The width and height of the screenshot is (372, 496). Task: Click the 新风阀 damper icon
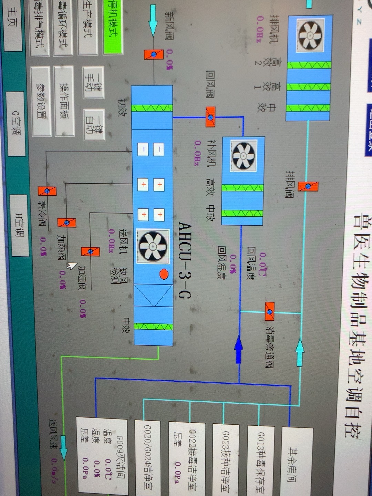click(x=154, y=54)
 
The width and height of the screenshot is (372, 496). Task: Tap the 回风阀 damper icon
click(x=210, y=117)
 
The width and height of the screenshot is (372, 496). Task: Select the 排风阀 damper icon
click(x=308, y=186)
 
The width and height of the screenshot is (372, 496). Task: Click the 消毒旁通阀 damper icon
click(x=270, y=312)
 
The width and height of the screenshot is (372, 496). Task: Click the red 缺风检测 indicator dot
click(x=164, y=274)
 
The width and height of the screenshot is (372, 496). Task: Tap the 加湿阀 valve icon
click(x=91, y=251)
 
